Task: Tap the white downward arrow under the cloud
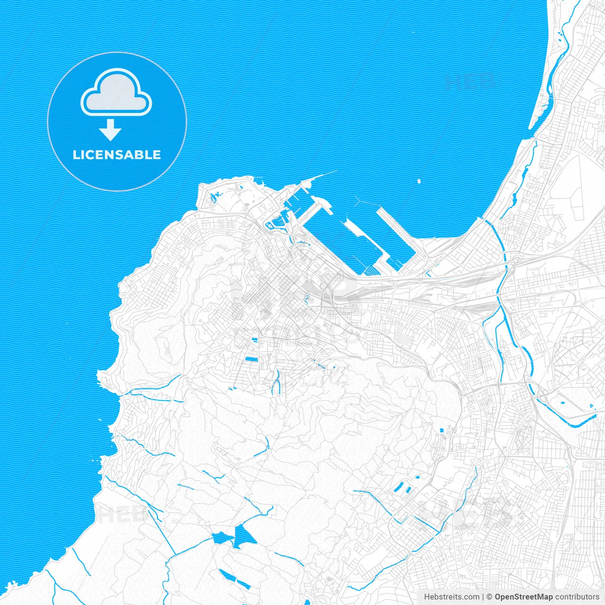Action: [x=111, y=130]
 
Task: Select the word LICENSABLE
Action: [x=117, y=155]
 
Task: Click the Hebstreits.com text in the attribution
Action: [x=451, y=597]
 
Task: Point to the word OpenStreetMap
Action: [x=523, y=597]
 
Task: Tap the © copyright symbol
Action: [x=490, y=597]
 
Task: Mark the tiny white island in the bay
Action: [x=419, y=181]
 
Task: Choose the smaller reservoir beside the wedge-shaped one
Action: [x=221, y=538]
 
